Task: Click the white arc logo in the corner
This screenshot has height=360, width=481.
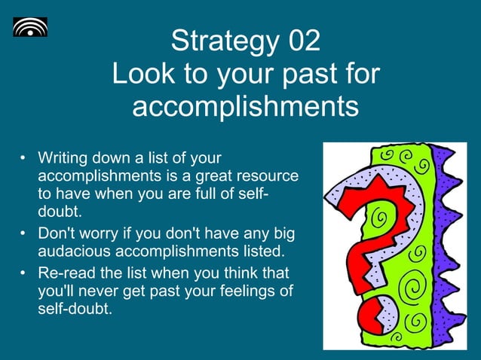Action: [29, 27]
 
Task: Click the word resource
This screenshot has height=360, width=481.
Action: [267, 175]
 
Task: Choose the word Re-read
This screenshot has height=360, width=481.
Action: [64, 274]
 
